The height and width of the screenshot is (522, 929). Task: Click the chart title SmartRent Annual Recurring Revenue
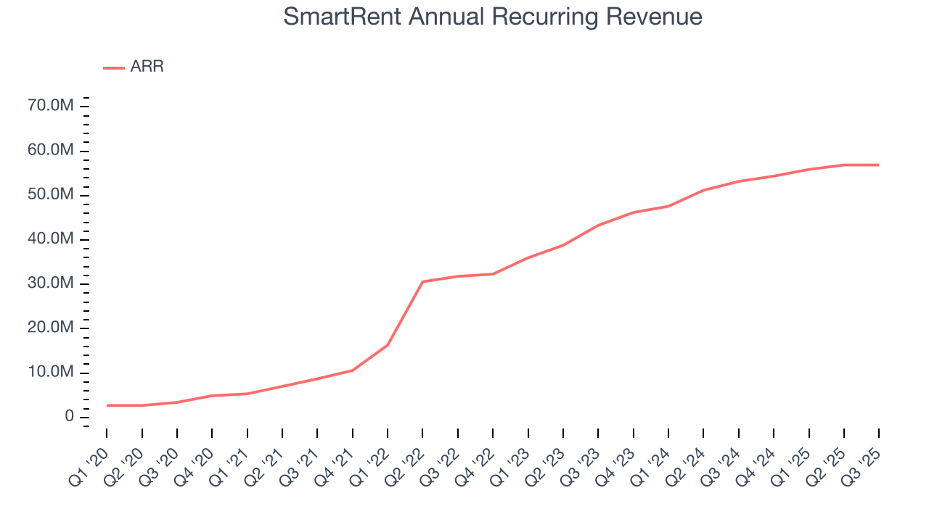tap(493, 17)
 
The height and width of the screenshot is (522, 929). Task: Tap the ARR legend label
tap(147, 67)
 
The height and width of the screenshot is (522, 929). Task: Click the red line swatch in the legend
tap(114, 67)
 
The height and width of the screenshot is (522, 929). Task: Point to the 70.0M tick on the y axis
tap(49, 107)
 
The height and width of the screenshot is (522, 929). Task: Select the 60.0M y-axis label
tap(49, 151)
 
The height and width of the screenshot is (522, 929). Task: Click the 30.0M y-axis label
tap(49, 283)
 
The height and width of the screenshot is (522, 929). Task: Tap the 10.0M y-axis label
tap(49, 373)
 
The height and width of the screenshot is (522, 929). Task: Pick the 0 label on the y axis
tap(69, 417)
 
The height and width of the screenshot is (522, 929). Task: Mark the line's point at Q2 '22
tap(422, 281)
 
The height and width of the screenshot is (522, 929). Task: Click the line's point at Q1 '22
tap(388, 345)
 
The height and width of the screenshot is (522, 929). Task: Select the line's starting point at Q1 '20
tap(107, 405)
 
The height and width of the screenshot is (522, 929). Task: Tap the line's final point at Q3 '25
tap(879, 165)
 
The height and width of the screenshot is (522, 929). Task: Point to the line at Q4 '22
tap(493, 274)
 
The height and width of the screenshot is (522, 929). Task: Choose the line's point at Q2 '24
tap(703, 190)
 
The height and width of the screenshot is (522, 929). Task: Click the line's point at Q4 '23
tap(633, 212)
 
